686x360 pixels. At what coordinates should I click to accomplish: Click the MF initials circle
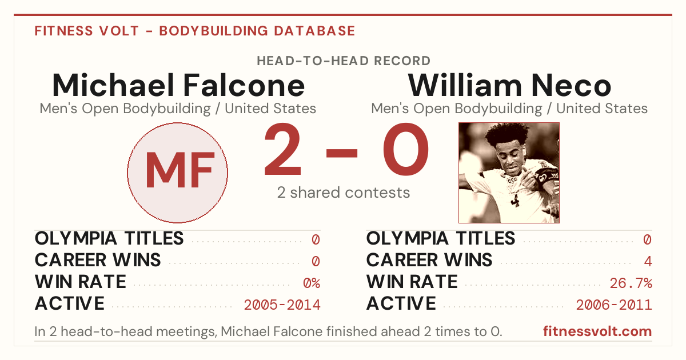click(178, 173)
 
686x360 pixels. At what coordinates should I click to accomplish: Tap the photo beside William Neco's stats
click(509, 173)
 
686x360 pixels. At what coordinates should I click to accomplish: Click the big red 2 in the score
click(282, 149)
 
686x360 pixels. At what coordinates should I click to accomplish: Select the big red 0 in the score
click(406, 149)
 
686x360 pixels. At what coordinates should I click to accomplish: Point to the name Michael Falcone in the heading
click(178, 85)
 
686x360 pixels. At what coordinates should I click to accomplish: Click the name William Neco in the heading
click(509, 85)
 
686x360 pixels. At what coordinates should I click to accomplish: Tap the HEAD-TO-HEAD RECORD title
click(344, 61)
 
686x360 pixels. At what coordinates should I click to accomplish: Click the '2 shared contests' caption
click(344, 193)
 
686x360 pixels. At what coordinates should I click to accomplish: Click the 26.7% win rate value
click(631, 283)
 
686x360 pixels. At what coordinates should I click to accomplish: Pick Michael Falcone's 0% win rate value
click(312, 283)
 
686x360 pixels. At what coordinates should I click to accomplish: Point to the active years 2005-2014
click(282, 305)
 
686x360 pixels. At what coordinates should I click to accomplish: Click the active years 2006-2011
click(614, 305)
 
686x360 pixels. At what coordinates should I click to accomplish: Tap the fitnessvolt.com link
click(597, 331)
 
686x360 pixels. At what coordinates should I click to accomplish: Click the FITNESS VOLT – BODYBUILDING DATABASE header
click(195, 31)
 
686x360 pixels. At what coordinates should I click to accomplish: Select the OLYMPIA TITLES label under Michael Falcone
click(109, 238)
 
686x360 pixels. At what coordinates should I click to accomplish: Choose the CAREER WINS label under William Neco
click(429, 260)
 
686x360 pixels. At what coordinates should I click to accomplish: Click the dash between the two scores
click(342, 153)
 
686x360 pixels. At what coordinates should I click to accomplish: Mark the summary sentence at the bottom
click(268, 331)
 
